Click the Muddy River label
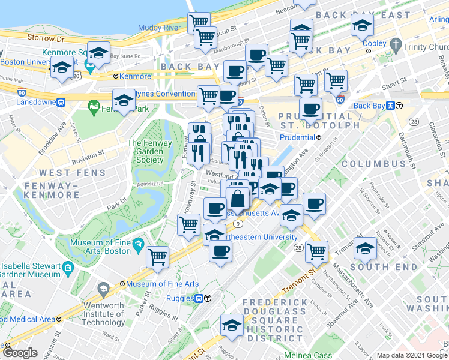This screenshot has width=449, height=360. pos(159,28)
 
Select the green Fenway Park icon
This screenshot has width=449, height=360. pos(93,108)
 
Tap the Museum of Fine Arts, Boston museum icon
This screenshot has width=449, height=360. pos(138,244)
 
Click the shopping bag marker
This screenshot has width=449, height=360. pos(238,199)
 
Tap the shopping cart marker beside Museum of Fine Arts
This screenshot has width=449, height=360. pos(157,256)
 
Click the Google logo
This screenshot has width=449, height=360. pos(20,353)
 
